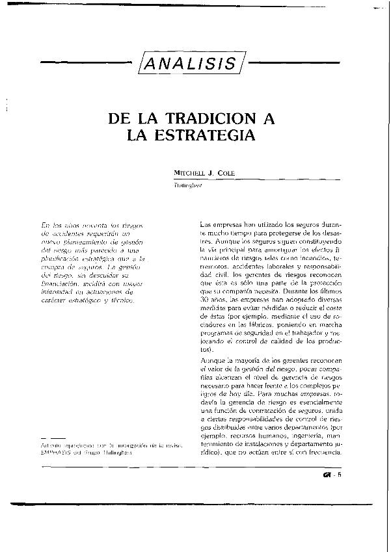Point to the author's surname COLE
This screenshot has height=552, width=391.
coord(224,172)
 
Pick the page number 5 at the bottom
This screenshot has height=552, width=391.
coord(349,473)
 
